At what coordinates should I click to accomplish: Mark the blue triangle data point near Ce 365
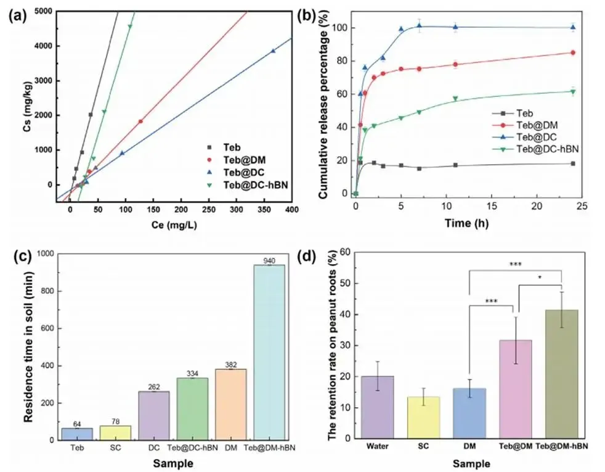pyautogui.click(x=273, y=51)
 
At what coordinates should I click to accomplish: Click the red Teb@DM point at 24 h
pyautogui.click(x=573, y=52)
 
